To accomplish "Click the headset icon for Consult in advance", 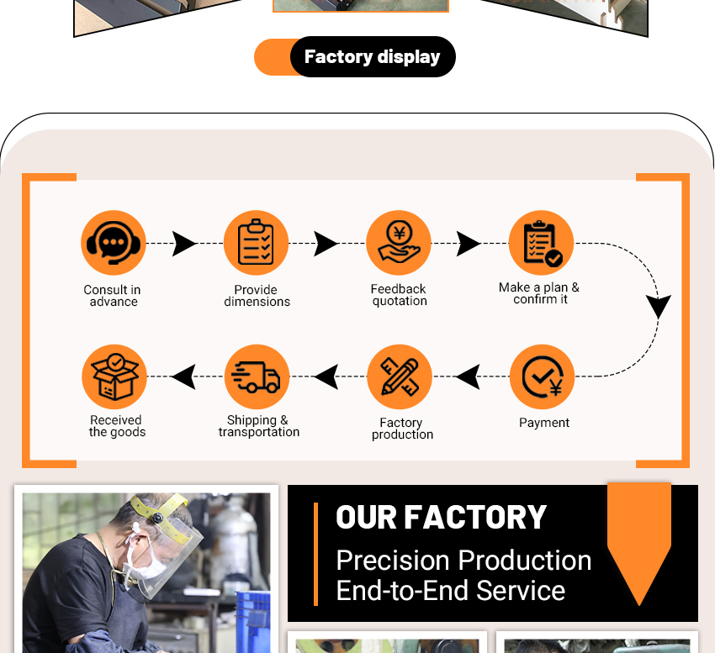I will click(x=114, y=242).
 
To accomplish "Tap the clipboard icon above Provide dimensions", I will click(x=256, y=242).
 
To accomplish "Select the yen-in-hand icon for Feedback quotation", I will click(x=399, y=242).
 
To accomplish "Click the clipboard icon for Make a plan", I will click(x=541, y=242).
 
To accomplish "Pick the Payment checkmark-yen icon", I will click(x=542, y=377).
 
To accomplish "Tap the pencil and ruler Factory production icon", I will click(x=400, y=377).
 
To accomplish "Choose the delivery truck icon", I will click(x=257, y=377).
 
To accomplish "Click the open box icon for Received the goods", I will click(x=114, y=377).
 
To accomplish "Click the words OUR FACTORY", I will click(x=442, y=518).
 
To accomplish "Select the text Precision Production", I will click(x=463, y=561).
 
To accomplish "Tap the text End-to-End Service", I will click(x=450, y=591).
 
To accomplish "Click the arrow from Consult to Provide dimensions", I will click(x=184, y=244).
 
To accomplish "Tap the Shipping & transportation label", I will click(x=259, y=426).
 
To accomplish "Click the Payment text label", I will click(x=544, y=423).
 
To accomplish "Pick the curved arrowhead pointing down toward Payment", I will click(x=659, y=305).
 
